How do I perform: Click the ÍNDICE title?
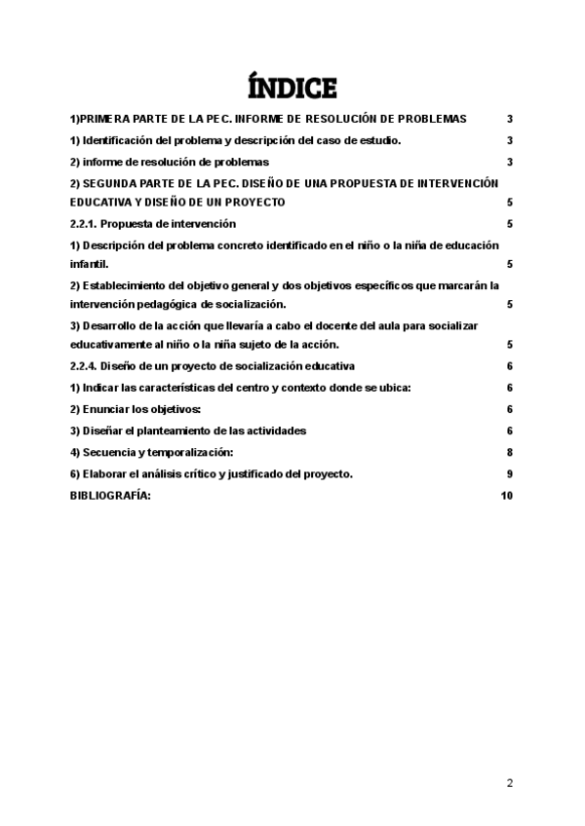click(292, 88)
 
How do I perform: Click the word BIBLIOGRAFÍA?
click(110, 495)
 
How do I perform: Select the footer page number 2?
click(509, 782)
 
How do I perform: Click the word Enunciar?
click(106, 409)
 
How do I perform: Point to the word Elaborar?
click(106, 473)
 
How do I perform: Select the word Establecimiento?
click(128, 284)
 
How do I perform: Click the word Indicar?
click(103, 388)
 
